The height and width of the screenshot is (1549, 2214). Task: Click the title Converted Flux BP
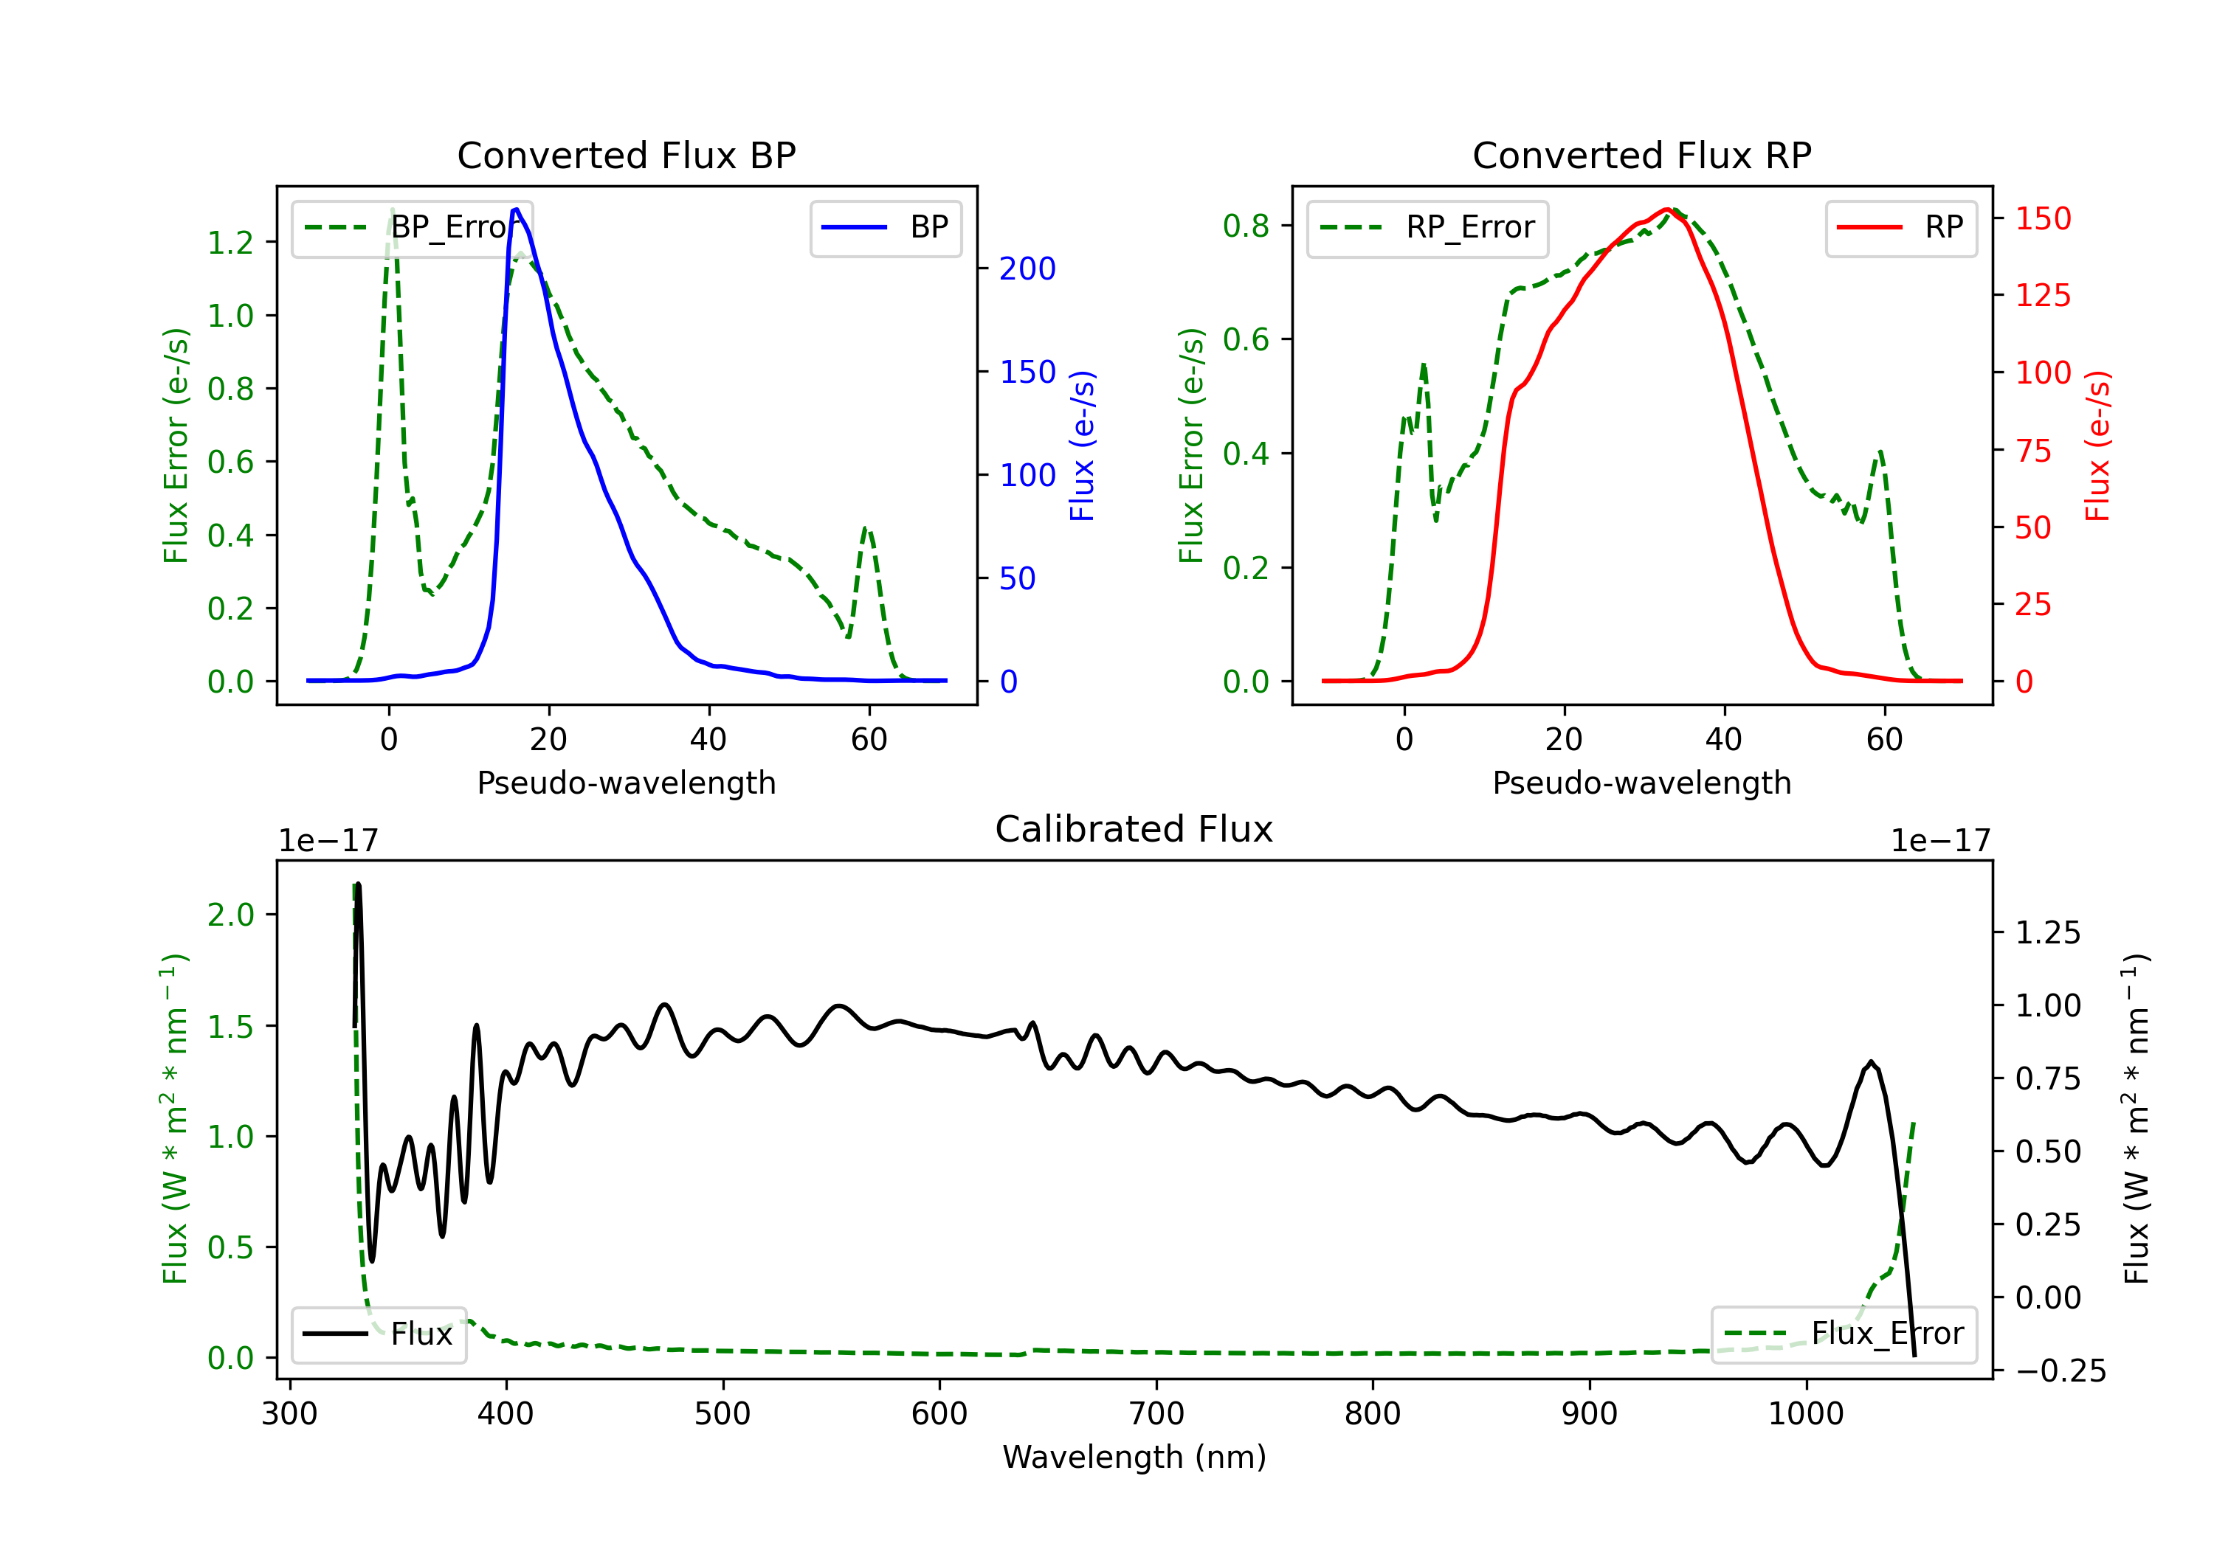click(x=626, y=155)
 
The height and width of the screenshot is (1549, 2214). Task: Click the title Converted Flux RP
click(x=1641, y=155)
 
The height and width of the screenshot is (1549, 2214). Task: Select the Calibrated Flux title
click(x=1134, y=829)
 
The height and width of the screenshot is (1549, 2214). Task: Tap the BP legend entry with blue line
click(x=885, y=227)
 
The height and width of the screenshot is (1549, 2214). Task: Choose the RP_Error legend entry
click(x=1427, y=227)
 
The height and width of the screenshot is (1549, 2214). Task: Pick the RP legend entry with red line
click(x=1900, y=227)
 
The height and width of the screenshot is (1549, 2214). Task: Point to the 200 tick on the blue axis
click(x=1027, y=269)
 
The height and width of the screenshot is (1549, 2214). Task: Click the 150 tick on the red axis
click(x=2042, y=219)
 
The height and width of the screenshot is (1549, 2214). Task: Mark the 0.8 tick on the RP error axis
click(x=1246, y=226)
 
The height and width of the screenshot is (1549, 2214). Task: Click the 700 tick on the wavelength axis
click(x=1156, y=1413)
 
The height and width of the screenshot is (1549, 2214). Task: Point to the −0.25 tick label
click(x=2060, y=1370)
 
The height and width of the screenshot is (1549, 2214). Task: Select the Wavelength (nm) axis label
click(x=1134, y=1457)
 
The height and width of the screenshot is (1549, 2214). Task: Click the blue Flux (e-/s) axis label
click(x=1082, y=446)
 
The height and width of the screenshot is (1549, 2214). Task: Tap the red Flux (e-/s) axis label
click(x=2097, y=446)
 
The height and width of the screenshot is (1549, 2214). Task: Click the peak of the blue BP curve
click(x=516, y=209)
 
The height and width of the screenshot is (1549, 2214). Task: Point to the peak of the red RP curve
click(x=1666, y=209)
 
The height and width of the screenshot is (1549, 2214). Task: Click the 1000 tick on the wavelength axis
click(x=1806, y=1413)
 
